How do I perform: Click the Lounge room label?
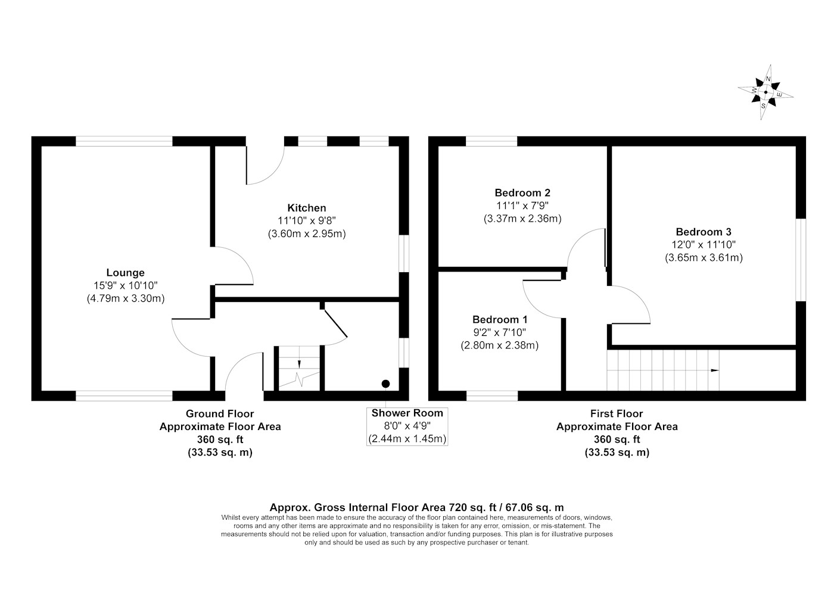126,273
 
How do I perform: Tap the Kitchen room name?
306,208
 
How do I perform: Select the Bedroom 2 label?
522,193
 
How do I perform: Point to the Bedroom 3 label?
704,232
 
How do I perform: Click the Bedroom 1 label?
500,319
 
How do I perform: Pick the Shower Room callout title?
407,413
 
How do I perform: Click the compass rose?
765,92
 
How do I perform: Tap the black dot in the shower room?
386,384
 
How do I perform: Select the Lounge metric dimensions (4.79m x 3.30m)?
126,298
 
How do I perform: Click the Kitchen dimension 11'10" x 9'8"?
306,221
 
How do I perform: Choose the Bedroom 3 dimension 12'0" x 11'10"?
704,245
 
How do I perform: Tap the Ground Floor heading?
220,414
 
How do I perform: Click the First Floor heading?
617,414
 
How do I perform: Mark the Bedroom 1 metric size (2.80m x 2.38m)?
500,345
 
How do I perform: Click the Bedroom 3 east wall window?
801,260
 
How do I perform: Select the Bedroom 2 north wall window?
491,141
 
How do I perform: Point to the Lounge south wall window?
124,396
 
